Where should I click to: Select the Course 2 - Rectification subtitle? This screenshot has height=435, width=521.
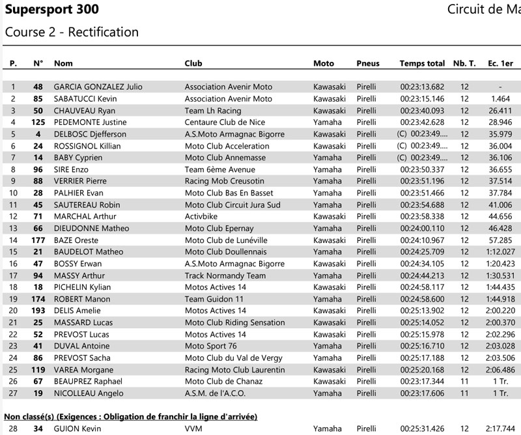(72, 32)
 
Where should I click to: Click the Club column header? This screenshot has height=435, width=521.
(193, 63)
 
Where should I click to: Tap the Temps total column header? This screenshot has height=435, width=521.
(422, 63)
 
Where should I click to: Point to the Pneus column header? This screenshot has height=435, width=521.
(368, 63)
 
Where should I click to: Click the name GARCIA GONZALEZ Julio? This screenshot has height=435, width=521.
(98, 87)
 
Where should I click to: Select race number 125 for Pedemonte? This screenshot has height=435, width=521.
(38, 122)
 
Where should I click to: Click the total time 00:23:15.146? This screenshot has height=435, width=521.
(422, 98)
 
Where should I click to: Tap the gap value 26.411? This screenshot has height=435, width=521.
(500, 111)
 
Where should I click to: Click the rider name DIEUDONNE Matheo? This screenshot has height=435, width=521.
(91, 229)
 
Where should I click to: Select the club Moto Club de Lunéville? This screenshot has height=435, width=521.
(226, 240)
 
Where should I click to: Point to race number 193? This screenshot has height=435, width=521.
(38, 311)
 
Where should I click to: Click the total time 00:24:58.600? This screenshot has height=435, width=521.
(422, 299)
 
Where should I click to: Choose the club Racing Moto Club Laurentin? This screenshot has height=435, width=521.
(235, 369)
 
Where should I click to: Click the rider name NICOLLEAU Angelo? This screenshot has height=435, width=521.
(89, 393)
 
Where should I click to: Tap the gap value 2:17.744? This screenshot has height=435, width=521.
(500, 428)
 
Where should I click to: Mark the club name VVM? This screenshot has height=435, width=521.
(193, 428)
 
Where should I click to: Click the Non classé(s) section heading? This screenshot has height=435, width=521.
(130, 416)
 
